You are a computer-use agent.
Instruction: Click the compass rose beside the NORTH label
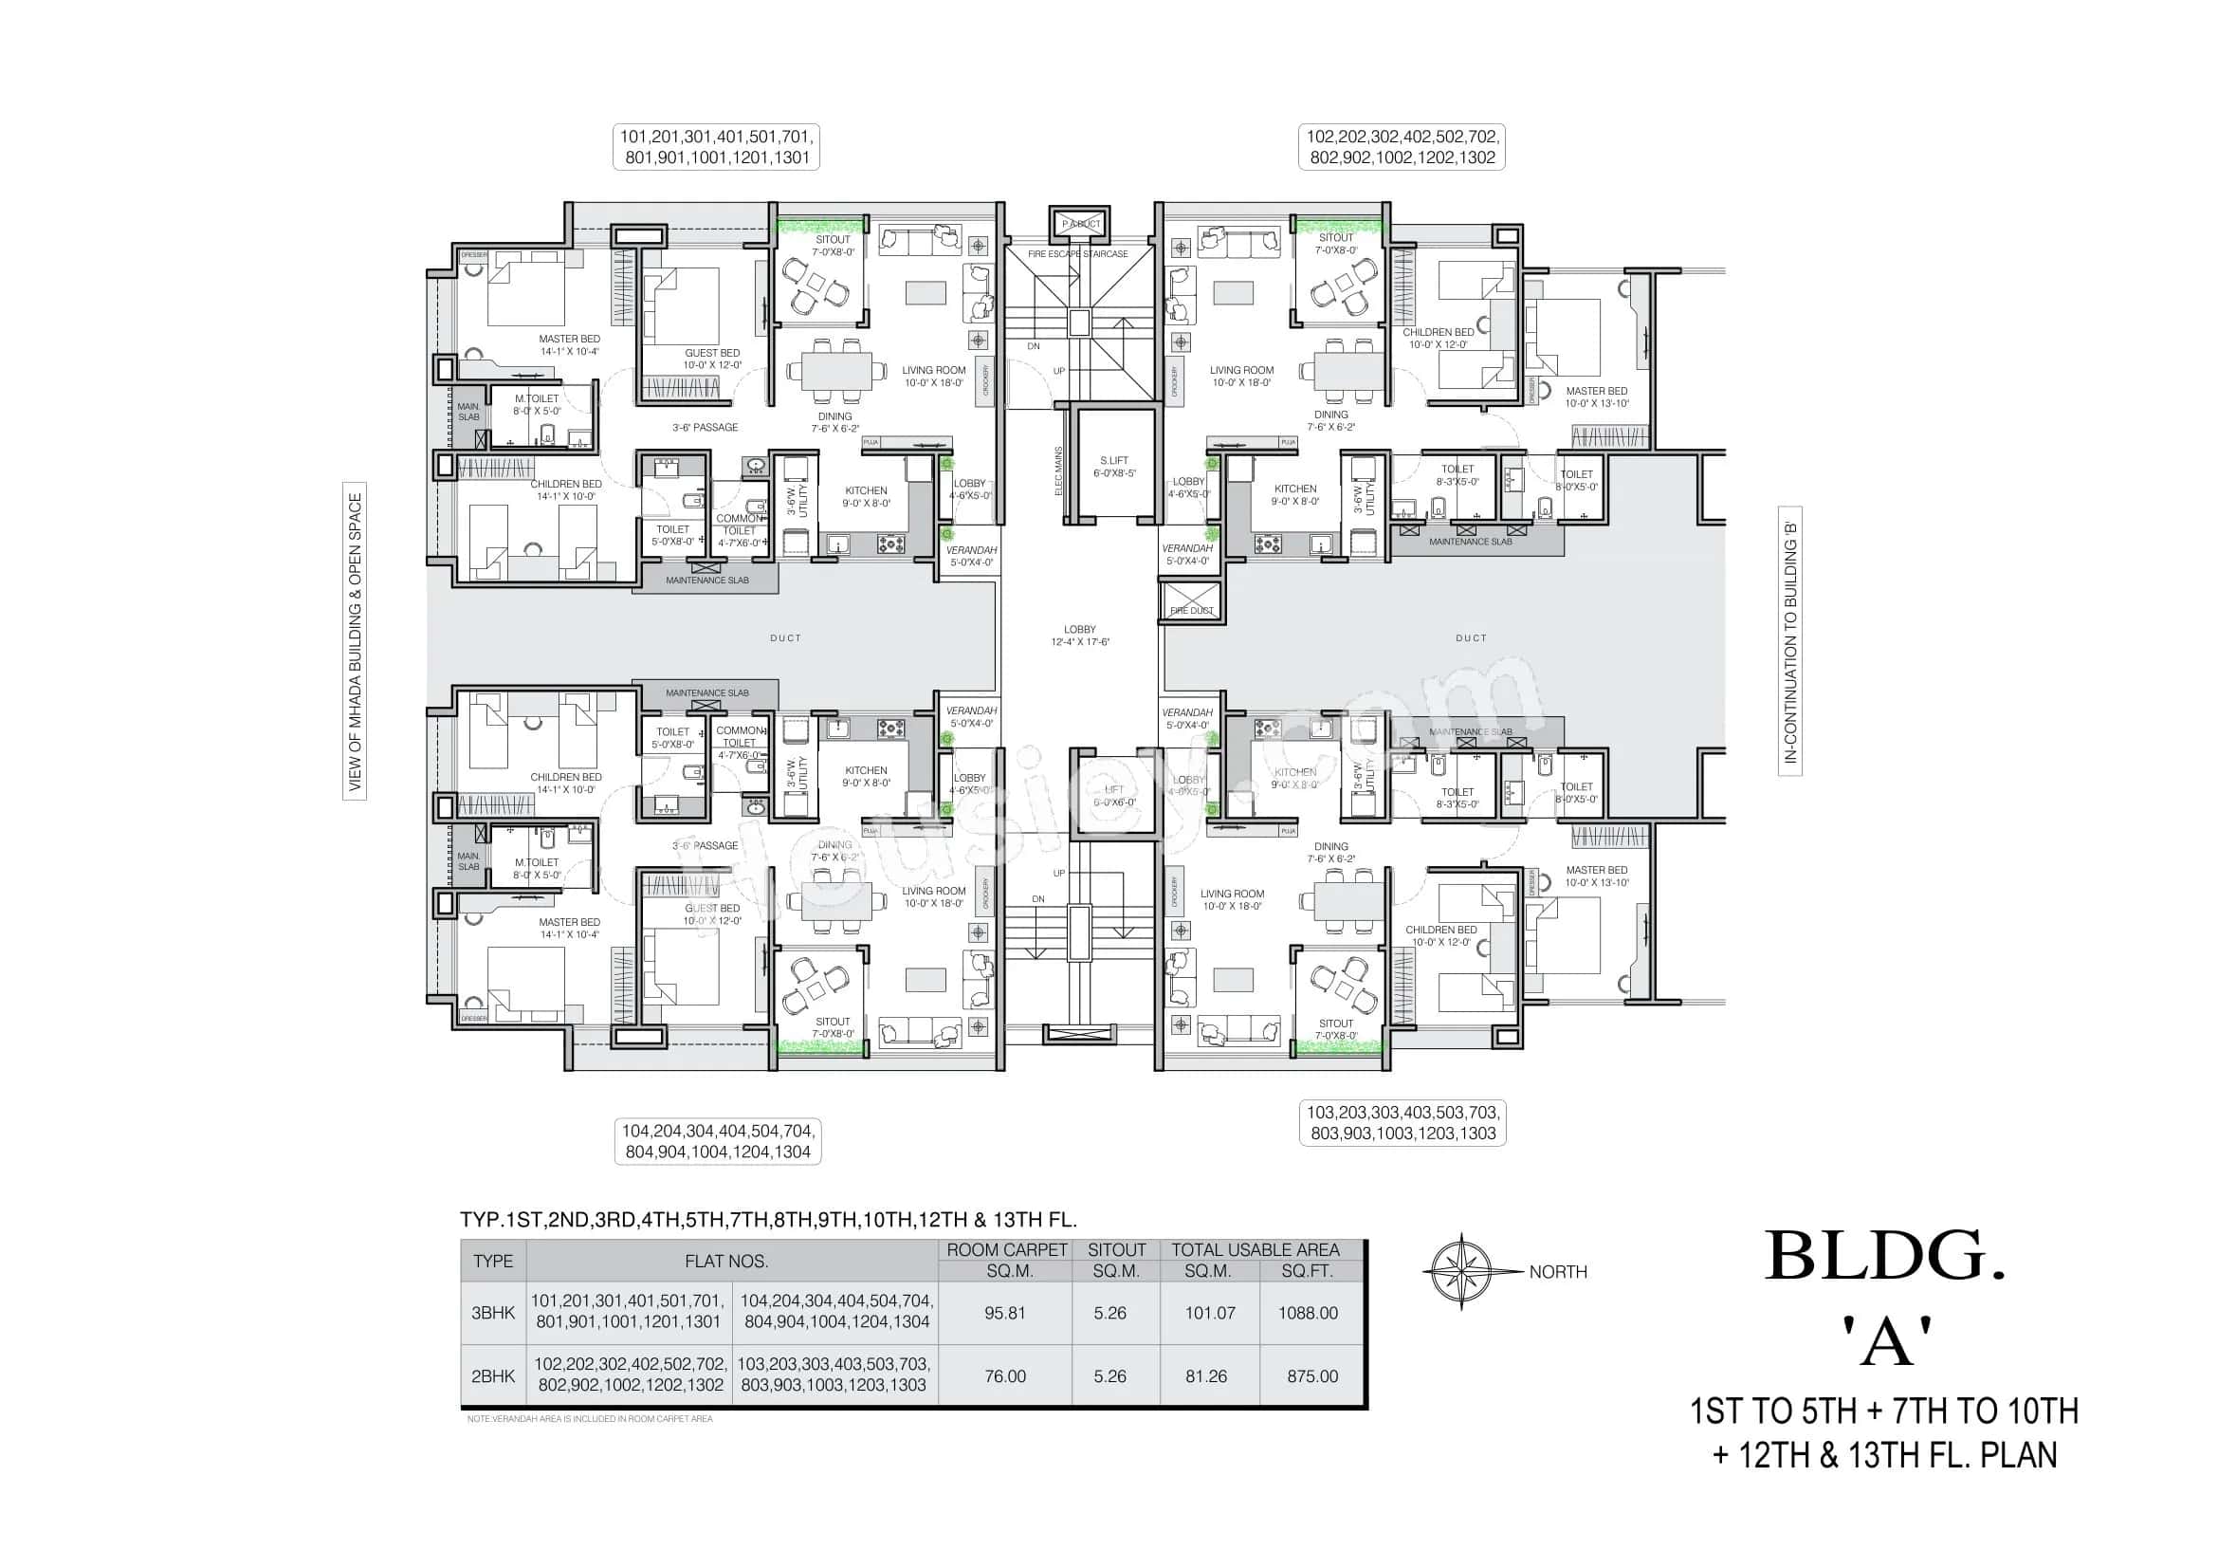[1460, 1271]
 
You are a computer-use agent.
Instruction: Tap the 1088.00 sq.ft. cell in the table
[1308, 1313]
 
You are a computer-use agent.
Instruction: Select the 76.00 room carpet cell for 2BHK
[1004, 1375]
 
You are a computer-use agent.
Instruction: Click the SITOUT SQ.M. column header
[1116, 1260]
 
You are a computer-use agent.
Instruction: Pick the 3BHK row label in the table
[493, 1313]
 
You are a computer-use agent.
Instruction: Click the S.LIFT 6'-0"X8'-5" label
[1114, 467]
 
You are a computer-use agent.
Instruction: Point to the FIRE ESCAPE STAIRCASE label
[1077, 254]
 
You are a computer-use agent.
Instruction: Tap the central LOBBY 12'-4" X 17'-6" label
[1079, 635]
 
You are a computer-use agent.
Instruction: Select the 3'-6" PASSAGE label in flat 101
[706, 427]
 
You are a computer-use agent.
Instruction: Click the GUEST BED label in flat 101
[712, 359]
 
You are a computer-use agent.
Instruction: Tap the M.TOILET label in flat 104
[537, 869]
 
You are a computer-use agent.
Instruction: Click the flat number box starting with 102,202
[1402, 148]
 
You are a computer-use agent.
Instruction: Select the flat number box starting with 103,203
[1402, 1123]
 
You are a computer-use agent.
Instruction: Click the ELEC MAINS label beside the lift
[1059, 472]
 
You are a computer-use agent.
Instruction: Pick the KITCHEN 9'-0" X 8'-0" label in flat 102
[1294, 494]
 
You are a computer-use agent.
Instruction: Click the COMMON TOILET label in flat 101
[739, 524]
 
